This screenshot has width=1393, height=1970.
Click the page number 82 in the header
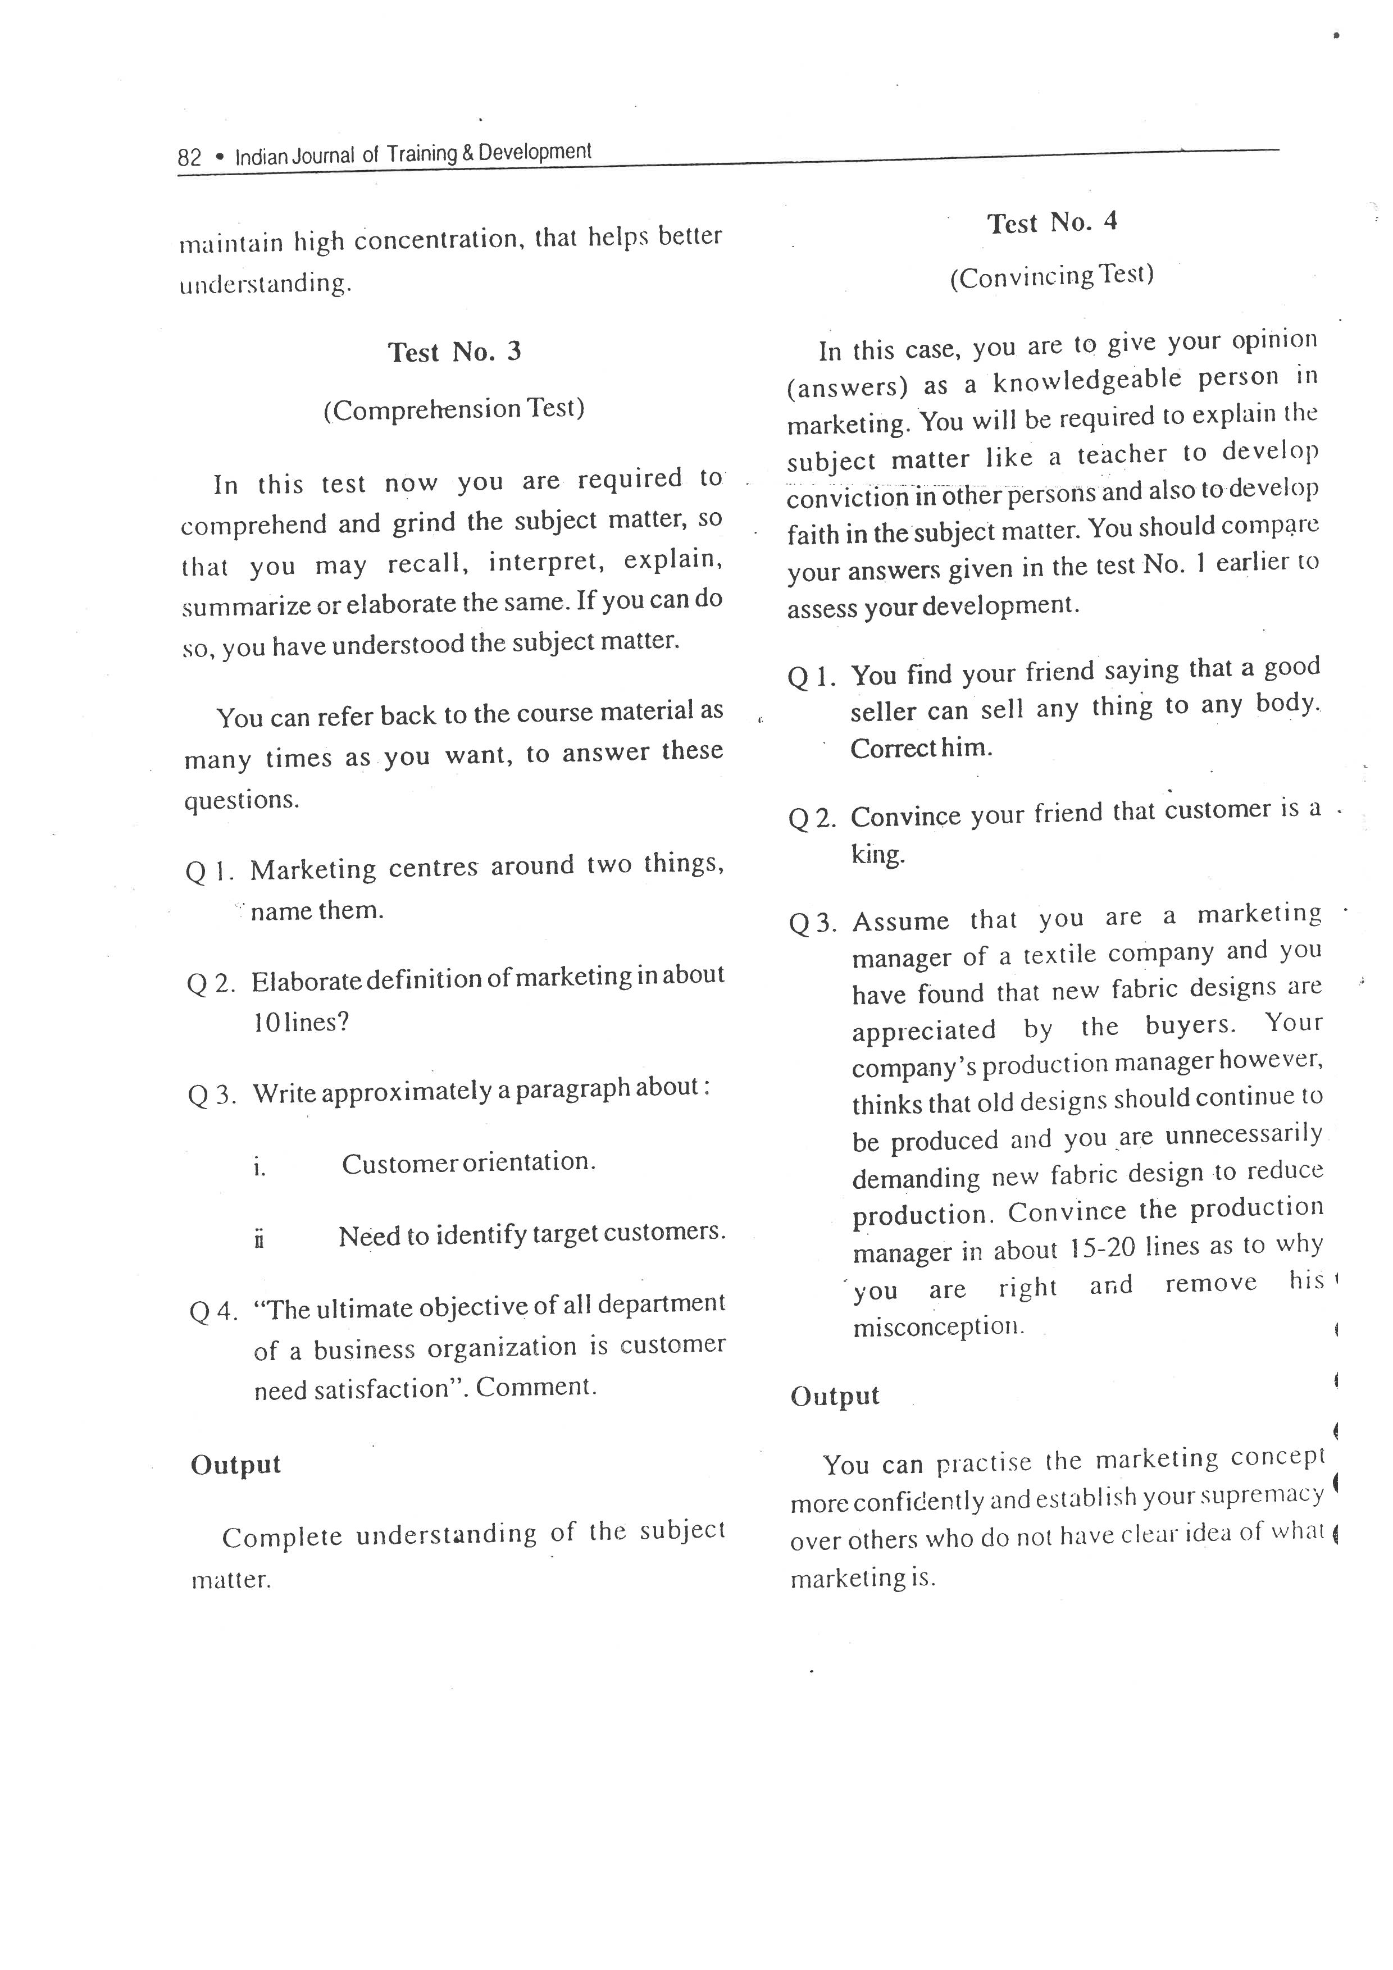189,157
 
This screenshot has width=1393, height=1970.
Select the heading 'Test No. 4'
1051,222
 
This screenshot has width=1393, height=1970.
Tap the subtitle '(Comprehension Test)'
454,408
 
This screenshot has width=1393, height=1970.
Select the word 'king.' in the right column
877,855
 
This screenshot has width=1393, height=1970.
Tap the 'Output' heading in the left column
235,1464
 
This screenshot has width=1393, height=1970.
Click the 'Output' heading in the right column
834,1396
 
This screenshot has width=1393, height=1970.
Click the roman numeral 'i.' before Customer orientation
259,1167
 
